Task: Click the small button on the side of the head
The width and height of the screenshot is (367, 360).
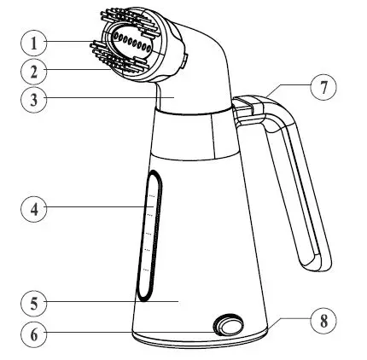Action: point(185,59)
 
